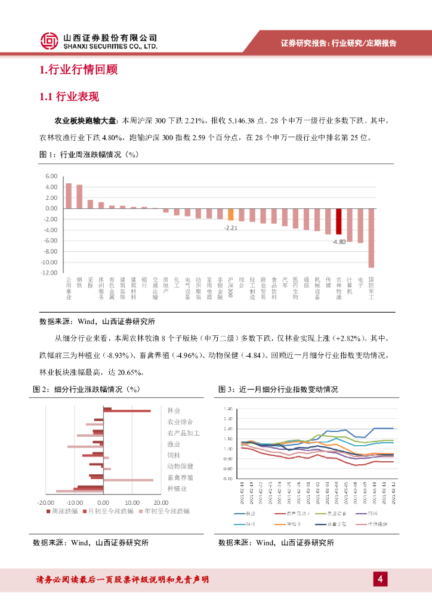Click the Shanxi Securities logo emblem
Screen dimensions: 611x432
coord(50,41)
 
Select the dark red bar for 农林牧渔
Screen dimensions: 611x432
coord(338,221)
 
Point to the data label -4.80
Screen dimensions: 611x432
coord(339,242)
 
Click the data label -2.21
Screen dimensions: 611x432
coord(231,228)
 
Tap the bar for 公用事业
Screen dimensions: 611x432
coord(69,196)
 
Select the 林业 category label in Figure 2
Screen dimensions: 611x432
coord(174,411)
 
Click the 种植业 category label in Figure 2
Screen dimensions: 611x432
coord(177,489)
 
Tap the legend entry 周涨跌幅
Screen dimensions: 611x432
coord(65,511)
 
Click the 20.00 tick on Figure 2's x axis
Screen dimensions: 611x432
coord(160,502)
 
